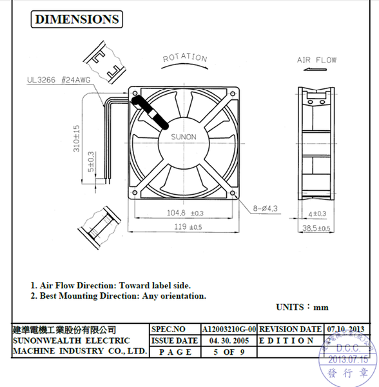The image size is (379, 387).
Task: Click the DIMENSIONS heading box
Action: point(77,19)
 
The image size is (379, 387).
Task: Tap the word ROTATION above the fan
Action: point(185,58)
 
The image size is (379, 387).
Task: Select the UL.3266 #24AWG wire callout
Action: point(56,82)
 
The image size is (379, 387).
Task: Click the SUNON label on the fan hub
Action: point(184,137)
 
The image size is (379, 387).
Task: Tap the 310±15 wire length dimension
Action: point(76,138)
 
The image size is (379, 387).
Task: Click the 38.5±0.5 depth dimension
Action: point(315,228)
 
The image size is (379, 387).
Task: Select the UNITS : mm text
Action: point(302,307)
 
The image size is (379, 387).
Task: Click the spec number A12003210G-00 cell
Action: point(229,329)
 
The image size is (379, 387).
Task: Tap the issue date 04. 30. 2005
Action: point(229,341)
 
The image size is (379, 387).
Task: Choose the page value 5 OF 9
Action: point(229,352)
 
